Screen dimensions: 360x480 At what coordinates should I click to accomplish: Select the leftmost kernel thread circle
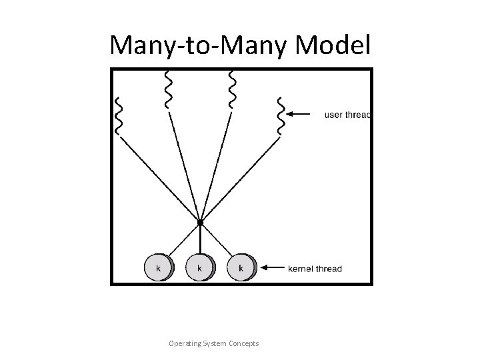click(158, 267)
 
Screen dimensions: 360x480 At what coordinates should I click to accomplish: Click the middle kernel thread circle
click(199, 267)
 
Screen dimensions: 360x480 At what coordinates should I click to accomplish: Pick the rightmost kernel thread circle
click(240, 267)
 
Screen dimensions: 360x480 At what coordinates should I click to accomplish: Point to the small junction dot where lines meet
click(200, 221)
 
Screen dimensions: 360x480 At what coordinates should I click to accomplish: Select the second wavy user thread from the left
click(168, 89)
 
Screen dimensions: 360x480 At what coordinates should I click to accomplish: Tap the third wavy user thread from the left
click(232, 89)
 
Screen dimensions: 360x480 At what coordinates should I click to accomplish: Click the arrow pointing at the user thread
click(301, 114)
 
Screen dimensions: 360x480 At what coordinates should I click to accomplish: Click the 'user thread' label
click(347, 115)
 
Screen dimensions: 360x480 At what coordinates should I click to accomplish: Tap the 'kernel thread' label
click(315, 269)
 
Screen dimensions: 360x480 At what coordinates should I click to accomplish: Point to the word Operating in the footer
click(187, 343)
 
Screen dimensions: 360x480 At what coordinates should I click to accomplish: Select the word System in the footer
click(215, 343)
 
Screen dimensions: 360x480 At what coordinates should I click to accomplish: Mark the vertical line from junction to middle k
click(200, 239)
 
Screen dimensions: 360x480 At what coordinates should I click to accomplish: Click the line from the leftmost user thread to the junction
click(160, 178)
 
